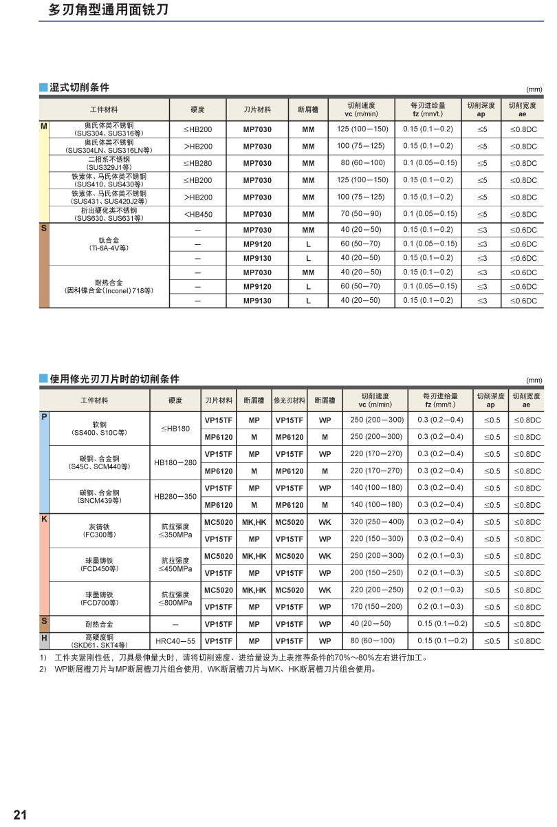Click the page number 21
coord(20,815)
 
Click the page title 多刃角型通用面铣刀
coord(109,10)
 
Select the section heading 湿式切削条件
coord(79,87)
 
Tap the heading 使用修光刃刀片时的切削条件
coord(114,379)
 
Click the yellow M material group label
coord(44,127)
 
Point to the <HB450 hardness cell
coord(198,214)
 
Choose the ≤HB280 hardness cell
coord(198,163)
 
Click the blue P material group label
coord(44,417)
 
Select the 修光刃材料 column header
coord(289,400)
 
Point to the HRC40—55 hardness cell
coord(175,641)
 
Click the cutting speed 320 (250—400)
coord(377,522)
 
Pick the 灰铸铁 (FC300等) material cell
coord(100,530)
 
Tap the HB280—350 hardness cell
coord(175,496)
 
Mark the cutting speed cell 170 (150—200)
coord(377,607)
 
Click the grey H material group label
coord(44,638)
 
